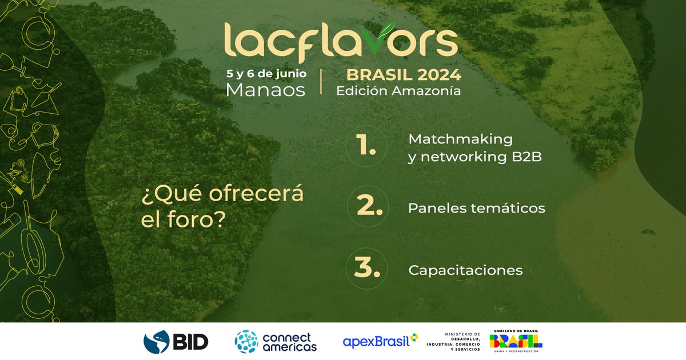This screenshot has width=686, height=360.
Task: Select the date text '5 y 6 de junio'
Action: (x=267, y=74)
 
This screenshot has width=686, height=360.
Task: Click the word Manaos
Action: (x=266, y=90)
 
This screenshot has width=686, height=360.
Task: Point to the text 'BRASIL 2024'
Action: (x=399, y=75)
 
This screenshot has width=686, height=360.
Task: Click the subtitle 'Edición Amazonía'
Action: (x=398, y=90)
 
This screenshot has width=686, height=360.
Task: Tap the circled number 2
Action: (x=366, y=207)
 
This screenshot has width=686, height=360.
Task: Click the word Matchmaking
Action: (x=460, y=139)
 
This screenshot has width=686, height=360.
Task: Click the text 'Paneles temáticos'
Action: (x=477, y=208)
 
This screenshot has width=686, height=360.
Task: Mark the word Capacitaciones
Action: (x=465, y=270)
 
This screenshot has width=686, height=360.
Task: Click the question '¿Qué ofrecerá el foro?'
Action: (x=222, y=207)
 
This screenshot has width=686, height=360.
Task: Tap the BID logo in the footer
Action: (x=176, y=342)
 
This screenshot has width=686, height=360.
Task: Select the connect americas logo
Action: (x=276, y=342)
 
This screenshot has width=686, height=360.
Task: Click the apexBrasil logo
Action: (x=380, y=342)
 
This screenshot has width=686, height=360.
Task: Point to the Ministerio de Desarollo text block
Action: (x=454, y=342)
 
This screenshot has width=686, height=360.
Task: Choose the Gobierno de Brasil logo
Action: (x=516, y=342)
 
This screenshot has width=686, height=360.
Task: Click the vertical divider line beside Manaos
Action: (x=321, y=82)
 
